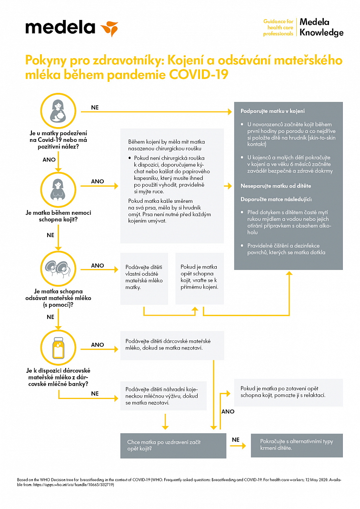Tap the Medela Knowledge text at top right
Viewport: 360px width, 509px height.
pyautogui.click(x=321, y=28)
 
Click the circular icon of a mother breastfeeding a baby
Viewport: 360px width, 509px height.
pyautogui.click(x=58, y=109)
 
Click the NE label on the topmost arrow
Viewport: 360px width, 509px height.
pyautogui.click(x=95, y=108)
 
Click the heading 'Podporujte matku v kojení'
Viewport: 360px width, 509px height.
pyautogui.click(x=273, y=111)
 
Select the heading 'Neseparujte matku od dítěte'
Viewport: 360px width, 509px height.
pyautogui.click(x=272, y=186)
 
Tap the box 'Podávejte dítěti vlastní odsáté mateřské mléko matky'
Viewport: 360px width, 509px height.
pyautogui.click(x=144, y=278)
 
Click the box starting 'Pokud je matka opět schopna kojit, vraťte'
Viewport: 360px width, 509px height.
pyautogui.click(x=200, y=278)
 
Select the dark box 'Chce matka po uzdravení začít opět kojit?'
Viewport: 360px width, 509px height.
pyautogui.click(x=173, y=445)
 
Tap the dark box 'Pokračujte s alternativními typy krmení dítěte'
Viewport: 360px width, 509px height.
pyautogui.click(x=297, y=445)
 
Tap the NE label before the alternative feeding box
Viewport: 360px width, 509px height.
pyautogui.click(x=235, y=439)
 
